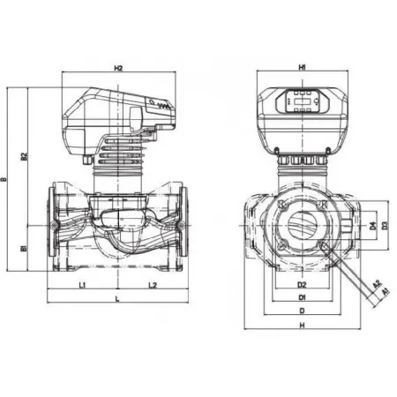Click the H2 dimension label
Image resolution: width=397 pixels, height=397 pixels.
[x=118, y=67]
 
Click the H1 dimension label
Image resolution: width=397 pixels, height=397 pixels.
[x=302, y=67]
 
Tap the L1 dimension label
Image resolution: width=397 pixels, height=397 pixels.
[x=81, y=286]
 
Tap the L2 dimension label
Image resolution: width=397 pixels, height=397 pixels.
[x=152, y=286]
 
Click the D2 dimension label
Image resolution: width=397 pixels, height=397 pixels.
[x=301, y=285]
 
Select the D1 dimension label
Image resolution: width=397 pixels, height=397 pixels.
[x=301, y=298]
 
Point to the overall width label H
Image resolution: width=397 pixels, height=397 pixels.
[x=301, y=326]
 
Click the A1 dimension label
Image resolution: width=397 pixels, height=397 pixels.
[x=386, y=289]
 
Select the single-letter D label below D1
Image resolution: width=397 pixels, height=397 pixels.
[x=301, y=311]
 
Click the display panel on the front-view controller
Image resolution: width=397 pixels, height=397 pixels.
[x=302, y=102]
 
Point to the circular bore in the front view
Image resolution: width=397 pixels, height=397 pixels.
[x=301, y=225]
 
